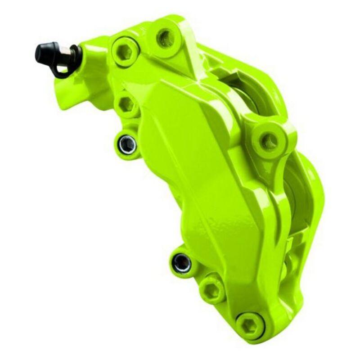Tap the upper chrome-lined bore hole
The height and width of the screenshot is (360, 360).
click(127, 144)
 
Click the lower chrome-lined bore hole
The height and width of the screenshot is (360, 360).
click(182, 263)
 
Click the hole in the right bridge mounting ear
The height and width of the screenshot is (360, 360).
click(270, 141)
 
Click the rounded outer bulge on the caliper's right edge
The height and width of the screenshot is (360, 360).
click(315, 189)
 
